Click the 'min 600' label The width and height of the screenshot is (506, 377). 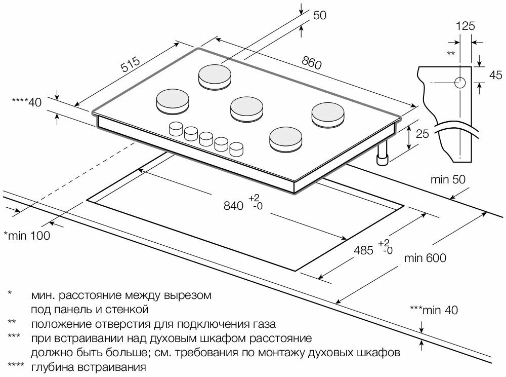click(x=425, y=258)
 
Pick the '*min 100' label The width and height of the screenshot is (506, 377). click(x=27, y=235)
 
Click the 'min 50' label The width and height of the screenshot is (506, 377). click(x=447, y=179)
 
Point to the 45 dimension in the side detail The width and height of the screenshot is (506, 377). click(x=495, y=76)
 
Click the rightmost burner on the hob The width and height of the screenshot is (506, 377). click(x=326, y=115)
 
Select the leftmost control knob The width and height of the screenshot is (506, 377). click(x=176, y=129)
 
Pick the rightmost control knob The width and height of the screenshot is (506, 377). click(x=236, y=148)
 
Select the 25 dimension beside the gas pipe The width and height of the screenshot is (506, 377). click(x=423, y=134)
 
